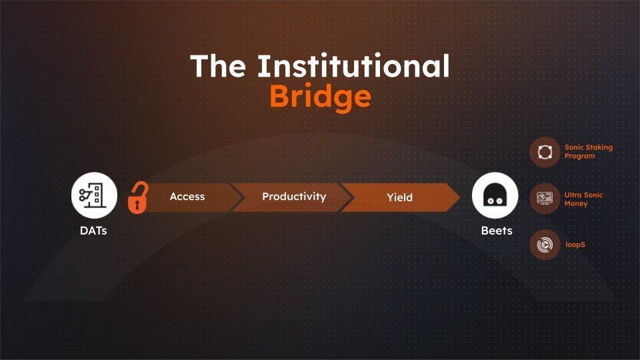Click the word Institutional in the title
tap(353, 66)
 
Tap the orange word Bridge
tap(321, 97)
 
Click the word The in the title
tap(219, 66)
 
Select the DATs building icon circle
tap(94, 195)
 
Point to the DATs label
tap(93, 231)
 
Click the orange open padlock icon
tap(137, 197)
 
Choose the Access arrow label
tap(187, 197)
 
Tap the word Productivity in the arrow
tap(294, 197)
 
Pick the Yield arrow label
tap(399, 197)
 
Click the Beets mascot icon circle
tap(495, 195)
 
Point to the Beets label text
tap(497, 231)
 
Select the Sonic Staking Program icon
tap(545, 152)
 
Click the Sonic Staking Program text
tap(589, 151)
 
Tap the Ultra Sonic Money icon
tap(545, 199)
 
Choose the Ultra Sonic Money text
tap(584, 199)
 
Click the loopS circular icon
tap(545, 245)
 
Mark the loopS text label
tap(575, 245)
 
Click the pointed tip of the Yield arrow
tap(460, 197)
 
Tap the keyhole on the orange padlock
tap(137, 204)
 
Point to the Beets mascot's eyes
tap(495, 201)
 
